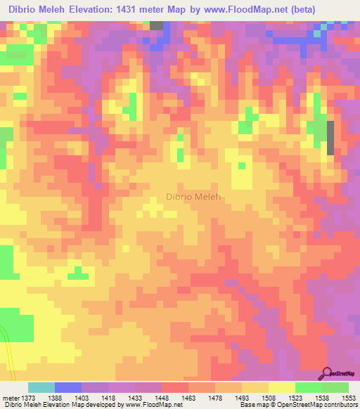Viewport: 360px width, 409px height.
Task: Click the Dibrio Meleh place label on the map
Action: click(193, 197)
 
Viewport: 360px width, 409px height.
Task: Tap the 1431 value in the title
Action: click(138, 10)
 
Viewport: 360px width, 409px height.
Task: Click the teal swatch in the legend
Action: click(41, 387)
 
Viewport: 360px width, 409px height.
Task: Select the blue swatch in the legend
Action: click(68, 387)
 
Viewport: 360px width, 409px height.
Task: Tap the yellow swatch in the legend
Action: click(282, 387)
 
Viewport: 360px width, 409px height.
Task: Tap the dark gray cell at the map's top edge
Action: click(156, 25)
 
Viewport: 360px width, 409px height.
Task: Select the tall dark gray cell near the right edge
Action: click(330, 137)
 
